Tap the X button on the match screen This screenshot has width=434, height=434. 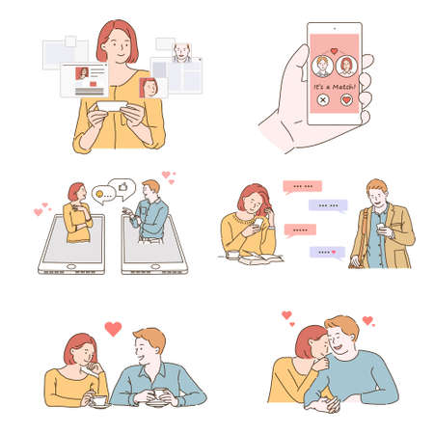tap(321, 100)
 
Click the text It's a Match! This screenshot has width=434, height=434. tap(333, 85)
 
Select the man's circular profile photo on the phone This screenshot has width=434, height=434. tap(321, 67)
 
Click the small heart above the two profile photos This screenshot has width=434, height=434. tap(333, 51)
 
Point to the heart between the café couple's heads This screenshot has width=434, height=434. tap(113, 329)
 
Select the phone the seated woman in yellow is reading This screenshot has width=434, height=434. tap(258, 224)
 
